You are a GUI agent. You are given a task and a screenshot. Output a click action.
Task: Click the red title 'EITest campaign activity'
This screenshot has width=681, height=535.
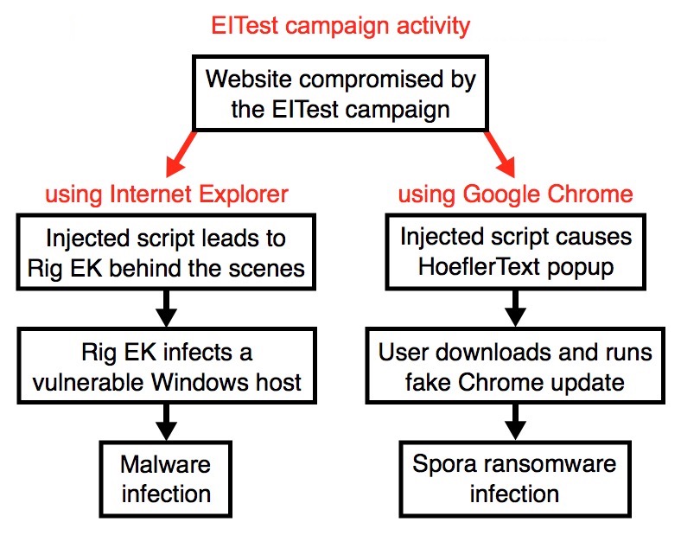tap(340, 26)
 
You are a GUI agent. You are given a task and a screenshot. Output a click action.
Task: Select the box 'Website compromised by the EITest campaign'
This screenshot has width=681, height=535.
tap(340, 93)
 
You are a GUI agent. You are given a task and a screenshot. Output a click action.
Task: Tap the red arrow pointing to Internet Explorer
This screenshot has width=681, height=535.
tap(181, 153)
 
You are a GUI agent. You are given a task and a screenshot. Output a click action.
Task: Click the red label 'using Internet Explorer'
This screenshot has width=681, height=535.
tap(167, 194)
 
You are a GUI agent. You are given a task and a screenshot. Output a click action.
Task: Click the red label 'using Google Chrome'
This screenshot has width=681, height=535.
tap(516, 194)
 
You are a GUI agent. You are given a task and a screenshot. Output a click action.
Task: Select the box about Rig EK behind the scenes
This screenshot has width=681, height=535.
tap(166, 252)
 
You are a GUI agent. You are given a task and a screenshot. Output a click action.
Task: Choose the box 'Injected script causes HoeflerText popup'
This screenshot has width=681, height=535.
tap(516, 251)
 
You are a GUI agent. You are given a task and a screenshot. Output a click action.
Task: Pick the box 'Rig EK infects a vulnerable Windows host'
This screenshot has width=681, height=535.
tap(167, 366)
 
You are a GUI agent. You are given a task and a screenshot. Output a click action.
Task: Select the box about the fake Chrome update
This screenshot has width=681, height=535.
tap(515, 366)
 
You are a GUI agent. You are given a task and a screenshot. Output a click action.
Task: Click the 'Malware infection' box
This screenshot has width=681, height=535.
tap(165, 479)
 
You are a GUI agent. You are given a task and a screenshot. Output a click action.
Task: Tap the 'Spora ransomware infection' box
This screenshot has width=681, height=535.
tap(515, 479)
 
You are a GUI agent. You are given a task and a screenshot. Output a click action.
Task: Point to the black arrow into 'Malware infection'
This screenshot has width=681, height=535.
tap(166, 422)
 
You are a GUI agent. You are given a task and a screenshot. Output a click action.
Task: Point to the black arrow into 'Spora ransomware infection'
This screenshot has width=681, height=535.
tap(516, 422)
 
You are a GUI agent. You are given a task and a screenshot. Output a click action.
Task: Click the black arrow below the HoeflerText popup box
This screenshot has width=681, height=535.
tap(516, 309)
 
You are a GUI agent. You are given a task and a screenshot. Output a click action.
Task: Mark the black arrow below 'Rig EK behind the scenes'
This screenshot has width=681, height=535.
tap(166, 309)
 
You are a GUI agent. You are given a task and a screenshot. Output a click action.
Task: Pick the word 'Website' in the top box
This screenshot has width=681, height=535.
tap(248, 80)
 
